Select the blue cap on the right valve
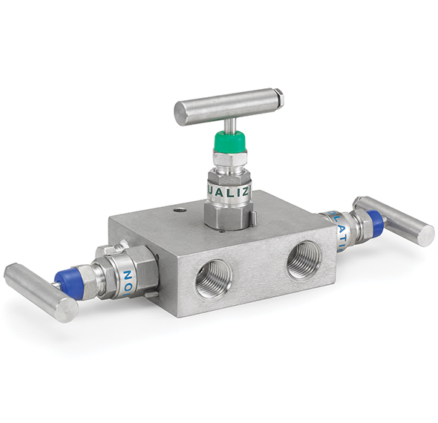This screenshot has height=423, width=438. pyautogui.click(x=375, y=220)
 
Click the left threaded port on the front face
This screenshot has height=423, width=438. pyautogui.click(x=213, y=278)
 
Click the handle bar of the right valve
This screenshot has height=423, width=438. pyautogui.click(x=394, y=220)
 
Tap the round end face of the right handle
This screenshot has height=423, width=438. pyautogui.click(x=425, y=235)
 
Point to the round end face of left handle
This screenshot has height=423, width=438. pyautogui.click(x=67, y=308)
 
